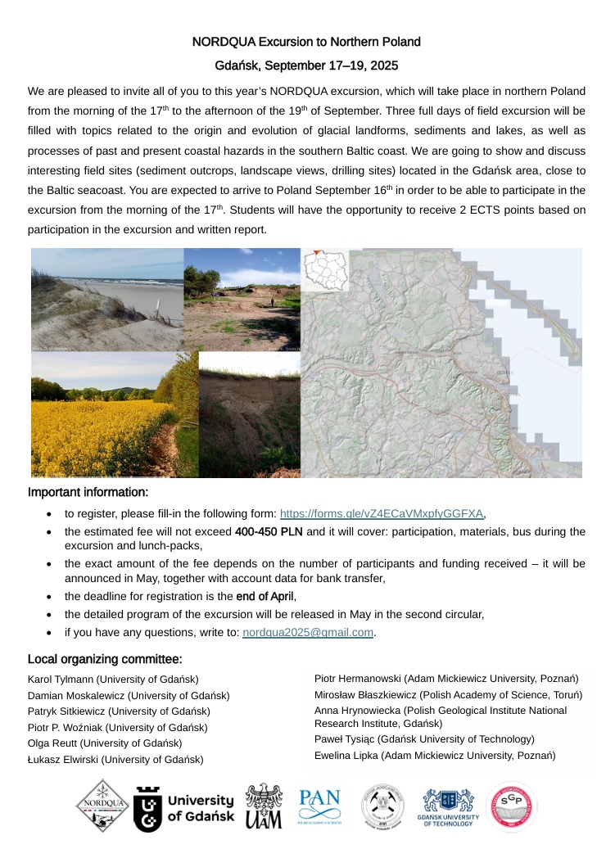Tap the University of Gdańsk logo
coord(183,808)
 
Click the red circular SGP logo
coord(512,807)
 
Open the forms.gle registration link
coord(382,514)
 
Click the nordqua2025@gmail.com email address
coord(309,632)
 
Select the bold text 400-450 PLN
coord(268,532)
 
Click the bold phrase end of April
coord(259,596)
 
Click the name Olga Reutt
coord(54,743)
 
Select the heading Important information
coord(88,493)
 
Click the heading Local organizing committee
coord(105,659)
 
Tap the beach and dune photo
coord(106,299)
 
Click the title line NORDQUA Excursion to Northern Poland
coord(306,41)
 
